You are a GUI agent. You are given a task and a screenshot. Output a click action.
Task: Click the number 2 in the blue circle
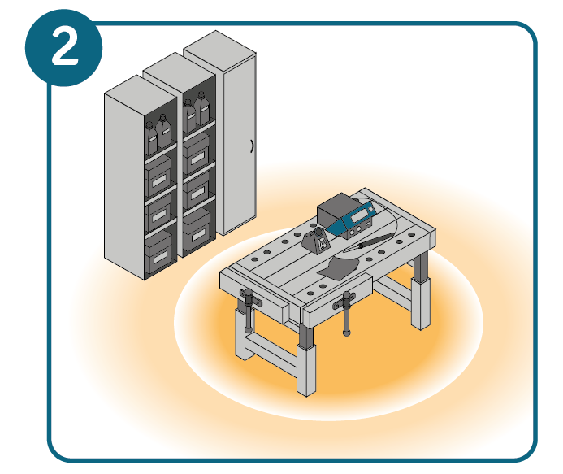pyautogui.click(x=65, y=47)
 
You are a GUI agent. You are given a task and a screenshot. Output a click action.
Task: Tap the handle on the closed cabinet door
pyautogui.click(x=252, y=146)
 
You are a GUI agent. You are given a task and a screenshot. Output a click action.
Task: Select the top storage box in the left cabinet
pyautogui.click(x=158, y=175)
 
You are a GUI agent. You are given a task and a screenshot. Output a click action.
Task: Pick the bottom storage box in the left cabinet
pyautogui.click(x=158, y=252)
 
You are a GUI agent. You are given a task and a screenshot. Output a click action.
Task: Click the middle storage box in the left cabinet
pyautogui.click(x=158, y=213)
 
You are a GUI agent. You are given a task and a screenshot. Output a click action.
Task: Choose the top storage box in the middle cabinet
pyautogui.click(x=196, y=154)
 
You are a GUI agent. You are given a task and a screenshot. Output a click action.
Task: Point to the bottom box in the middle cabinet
pyautogui.click(x=197, y=230)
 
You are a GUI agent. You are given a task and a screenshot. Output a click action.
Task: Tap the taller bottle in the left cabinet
pyautogui.click(x=163, y=131)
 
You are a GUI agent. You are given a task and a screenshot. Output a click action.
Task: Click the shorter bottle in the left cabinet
pyautogui.click(x=151, y=138)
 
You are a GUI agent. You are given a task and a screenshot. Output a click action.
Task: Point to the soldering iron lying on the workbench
pyautogui.click(x=375, y=241)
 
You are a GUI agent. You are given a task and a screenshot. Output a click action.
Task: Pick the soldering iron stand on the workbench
pyautogui.click(x=316, y=241)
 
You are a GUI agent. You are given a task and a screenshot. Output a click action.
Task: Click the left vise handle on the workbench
pyautogui.click(x=249, y=309)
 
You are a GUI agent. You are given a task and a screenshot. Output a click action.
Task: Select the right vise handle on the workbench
pyautogui.click(x=346, y=313)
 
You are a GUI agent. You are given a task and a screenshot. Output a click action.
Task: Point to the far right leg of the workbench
pyautogui.click(x=421, y=290)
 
